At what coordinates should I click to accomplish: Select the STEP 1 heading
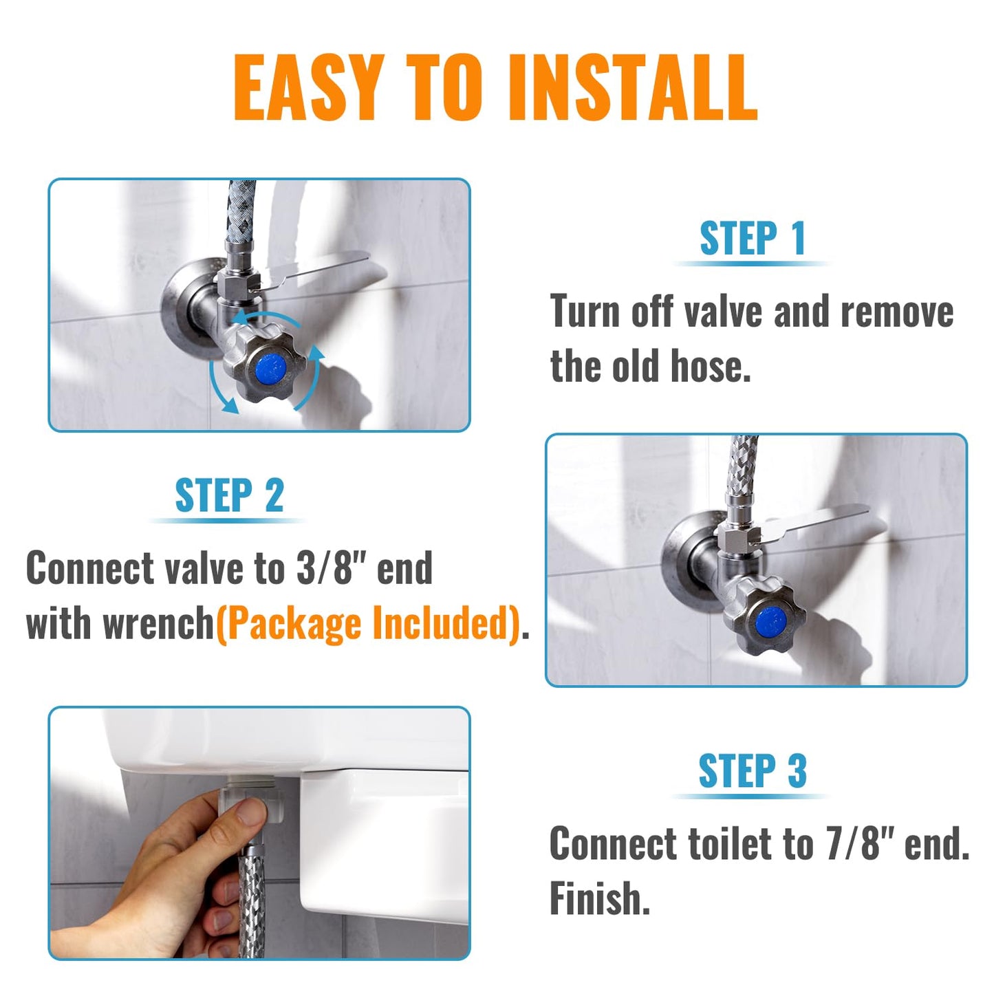(752, 239)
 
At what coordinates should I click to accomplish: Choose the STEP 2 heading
(229, 496)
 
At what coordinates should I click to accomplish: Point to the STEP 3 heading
(752, 770)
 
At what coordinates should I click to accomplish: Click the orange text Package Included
(368, 624)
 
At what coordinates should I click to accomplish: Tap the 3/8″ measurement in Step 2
(332, 569)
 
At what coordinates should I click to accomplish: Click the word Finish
(599, 898)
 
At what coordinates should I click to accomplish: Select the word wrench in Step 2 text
(158, 624)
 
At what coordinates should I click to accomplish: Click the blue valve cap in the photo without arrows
(770, 622)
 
